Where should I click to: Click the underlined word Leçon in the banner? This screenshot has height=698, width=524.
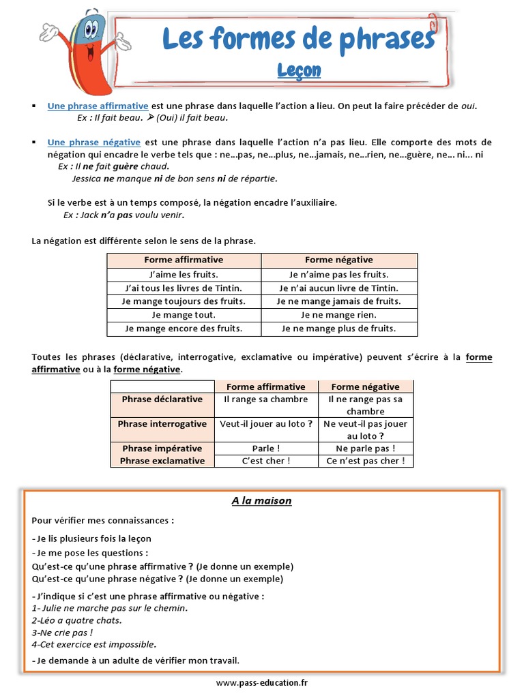(x=299, y=70)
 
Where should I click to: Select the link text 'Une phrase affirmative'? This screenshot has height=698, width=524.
(x=98, y=106)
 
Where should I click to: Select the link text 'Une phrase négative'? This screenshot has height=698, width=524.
(x=94, y=142)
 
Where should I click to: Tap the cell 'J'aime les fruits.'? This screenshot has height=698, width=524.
(x=184, y=274)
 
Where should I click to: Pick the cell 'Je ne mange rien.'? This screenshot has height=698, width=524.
(x=339, y=315)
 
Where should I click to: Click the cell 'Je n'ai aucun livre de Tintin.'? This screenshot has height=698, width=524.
(x=339, y=288)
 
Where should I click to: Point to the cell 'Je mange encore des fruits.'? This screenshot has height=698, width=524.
(x=184, y=329)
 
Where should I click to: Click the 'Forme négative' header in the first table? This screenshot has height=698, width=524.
(x=339, y=260)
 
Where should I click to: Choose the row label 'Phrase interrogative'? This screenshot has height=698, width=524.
(x=162, y=424)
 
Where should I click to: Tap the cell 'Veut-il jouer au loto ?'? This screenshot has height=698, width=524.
(x=266, y=424)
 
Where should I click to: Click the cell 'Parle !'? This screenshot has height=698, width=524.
(x=266, y=449)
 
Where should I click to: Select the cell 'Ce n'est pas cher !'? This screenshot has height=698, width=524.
(x=366, y=461)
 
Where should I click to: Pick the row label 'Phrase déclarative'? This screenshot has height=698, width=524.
(x=162, y=399)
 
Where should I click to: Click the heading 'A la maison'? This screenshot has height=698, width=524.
(x=261, y=500)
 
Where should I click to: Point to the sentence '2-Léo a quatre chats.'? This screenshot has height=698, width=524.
(x=77, y=620)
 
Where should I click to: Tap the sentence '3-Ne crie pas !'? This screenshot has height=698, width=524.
(x=63, y=632)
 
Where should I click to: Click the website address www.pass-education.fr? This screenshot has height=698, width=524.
(x=262, y=682)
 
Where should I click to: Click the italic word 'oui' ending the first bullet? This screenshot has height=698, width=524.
(x=469, y=106)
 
